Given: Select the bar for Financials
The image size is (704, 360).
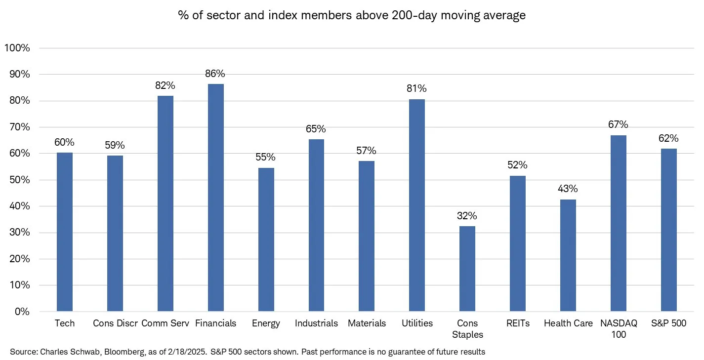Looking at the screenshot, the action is point(215,198).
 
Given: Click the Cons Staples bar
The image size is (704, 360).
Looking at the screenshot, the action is point(467,269).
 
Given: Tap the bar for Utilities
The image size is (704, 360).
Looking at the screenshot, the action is point(417,205).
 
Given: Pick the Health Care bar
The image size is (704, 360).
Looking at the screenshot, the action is point(568,255).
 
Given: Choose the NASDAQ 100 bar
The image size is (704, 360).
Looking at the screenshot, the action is point(618,223).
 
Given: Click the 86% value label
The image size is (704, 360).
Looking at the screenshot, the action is point(215,74).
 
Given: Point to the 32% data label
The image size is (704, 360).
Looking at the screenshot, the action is point(467,216).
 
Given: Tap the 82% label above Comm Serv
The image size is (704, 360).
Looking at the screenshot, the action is point(165,85).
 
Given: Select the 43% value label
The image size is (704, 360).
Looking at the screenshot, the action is point(568,189).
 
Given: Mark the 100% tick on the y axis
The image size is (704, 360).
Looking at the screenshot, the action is point(17,48).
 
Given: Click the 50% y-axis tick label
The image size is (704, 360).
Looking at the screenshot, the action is point(20,180).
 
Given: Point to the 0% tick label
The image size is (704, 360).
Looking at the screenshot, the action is point(22,312).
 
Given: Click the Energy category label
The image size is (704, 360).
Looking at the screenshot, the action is point(266,323).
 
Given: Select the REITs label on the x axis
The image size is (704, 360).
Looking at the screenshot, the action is point(518,323).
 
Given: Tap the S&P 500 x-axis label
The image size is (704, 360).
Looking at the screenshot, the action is point(668,323).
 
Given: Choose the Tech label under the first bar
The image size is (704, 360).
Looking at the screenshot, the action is point(65,323).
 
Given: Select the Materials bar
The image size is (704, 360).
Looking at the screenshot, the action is point(367,236).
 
